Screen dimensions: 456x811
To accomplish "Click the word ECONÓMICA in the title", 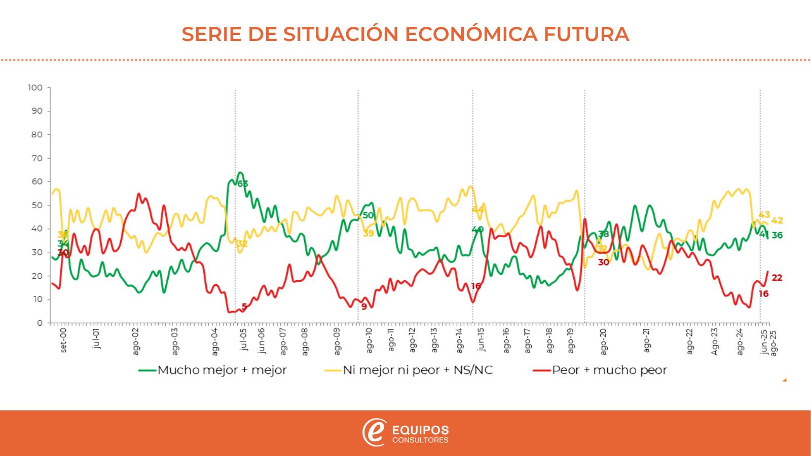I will pyautogui.click(x=466, y=34).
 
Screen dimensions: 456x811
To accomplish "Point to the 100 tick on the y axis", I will pyautogui.click(x=35, y=88).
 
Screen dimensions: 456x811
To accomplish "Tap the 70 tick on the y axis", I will pyautogui.click(x=37, y=158).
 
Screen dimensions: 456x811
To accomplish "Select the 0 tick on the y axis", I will pyautogui.click(x=39, y=323).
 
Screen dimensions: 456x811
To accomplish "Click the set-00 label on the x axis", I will pyautogui.click(x=63, y=341).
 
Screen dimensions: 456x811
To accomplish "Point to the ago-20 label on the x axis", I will pyautogui.click(x=603, y=341).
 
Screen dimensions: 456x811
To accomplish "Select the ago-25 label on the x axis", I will pyautogui.click(x=773, y=343).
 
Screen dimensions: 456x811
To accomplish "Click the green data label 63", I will pyautogui.click(x=243, y=184).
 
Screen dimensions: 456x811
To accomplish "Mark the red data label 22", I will pyautogui.click(x=777, y=278).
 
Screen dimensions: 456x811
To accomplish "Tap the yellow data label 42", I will pyautogui.click(x=777, y=220).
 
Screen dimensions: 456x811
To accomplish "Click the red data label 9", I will pyautogui.click(x=364, y=307).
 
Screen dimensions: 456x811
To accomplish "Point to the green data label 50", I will pyautogui.click(x=368, y=215).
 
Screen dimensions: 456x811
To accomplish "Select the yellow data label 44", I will pyautogui.click(x=478, y=210).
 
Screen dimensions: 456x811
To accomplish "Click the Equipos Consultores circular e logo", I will pyautogui.click(x=374, y=432).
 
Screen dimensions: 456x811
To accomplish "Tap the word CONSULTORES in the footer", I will pyautogui.click(x=420, y=440).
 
